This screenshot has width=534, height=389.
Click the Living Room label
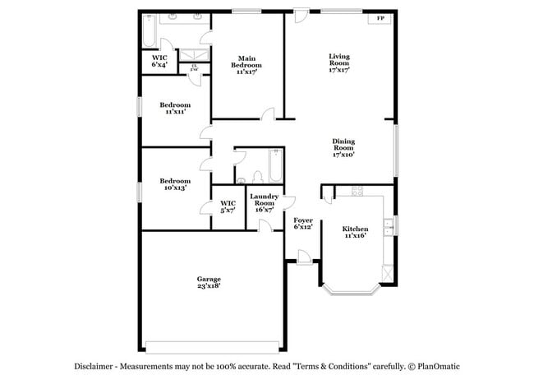point(339,63)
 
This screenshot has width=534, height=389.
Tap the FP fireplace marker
point(380,19)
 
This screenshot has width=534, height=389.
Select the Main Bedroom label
point(246,64)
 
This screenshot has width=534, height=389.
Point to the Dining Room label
point(343,147)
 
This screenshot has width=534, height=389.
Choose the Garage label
point(208,282)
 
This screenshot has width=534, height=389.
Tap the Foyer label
point(302,223)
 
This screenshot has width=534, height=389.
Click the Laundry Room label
point(265,202)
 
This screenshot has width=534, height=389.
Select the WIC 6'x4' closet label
point(159,61)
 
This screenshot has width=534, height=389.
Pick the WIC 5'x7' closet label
point(228,206)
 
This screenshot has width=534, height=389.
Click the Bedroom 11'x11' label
point(175,108)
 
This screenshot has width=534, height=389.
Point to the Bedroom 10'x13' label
point(175,184)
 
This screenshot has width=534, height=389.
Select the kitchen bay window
point(349,289)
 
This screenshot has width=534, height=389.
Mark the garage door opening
point(213,346)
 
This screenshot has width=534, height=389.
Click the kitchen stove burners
point(357,192)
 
